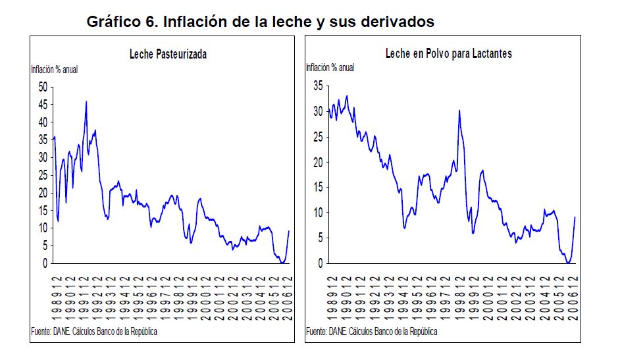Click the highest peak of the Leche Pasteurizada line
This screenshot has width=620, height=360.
tap(86, 101)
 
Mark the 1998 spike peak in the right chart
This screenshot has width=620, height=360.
tap(459, 111)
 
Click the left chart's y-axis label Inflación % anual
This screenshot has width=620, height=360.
tap(54, 68)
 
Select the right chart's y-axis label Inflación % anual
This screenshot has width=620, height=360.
tap(330, 67)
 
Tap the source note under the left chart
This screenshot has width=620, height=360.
tap(94, 331)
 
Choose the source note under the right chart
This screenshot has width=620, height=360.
tap(372, 331)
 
